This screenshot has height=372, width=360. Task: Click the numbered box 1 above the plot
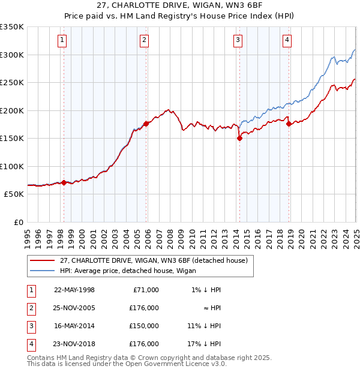[62, 40]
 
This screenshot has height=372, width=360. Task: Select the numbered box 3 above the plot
[238, 40]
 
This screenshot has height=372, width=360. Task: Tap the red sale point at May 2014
[239, 138]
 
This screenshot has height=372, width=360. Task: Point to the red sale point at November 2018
[289, 124]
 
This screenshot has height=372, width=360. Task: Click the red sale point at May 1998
[64, 182]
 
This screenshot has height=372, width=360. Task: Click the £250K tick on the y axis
[12, 82]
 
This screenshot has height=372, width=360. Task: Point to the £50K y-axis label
[14, 194]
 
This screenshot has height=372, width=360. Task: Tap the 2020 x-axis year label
[301, 233]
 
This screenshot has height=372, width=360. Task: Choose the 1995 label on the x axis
[28, 233]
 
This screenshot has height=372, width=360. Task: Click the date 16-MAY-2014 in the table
[74, 326]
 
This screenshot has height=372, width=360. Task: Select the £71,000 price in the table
[145, 290]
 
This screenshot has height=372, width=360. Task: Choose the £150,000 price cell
[143, 326]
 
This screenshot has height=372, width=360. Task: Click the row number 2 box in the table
[31, 308]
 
